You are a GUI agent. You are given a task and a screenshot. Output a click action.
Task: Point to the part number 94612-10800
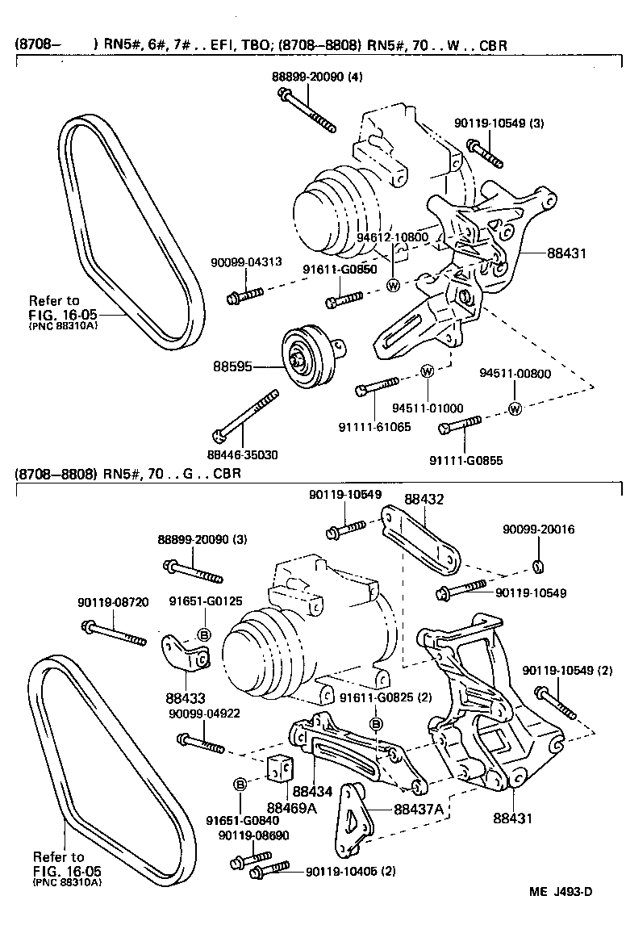point(393,238)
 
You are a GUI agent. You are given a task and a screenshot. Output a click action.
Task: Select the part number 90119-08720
point(113,601)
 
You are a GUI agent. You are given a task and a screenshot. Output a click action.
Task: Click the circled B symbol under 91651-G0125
point(204,634)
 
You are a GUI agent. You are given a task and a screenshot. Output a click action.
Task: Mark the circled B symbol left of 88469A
point(240,784)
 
